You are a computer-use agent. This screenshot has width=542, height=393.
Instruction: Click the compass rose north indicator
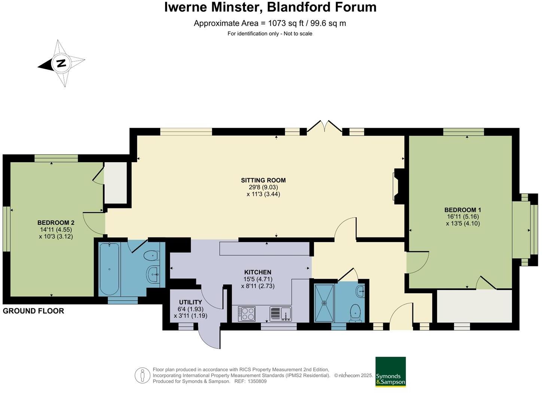pyautogui.click(x=61, y=63)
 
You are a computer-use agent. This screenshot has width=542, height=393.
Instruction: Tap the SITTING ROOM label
pyautogui.click(x=263, y=181)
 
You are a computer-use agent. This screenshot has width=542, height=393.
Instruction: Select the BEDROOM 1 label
pyautogui.click(x=463, y=210)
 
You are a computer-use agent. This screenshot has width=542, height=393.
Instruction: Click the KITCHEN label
pyautogui.click(x=258, y=272)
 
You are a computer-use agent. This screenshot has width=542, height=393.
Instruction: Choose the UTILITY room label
pyautogui.click(x=190, y=302)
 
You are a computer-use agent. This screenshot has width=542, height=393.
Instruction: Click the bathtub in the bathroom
pyautogui.click(x=109, y=269)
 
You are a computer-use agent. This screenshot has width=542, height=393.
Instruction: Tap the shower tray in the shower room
pyautogui.click(x=324, y=303)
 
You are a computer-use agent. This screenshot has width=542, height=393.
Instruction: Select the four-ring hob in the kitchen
pyautogui.click(x=247, y=314)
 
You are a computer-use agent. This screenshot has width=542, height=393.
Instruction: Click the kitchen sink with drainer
pyautogui.click(x=280, y=314)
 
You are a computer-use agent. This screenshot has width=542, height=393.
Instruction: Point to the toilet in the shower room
pyautogui.click(x=355, y=312)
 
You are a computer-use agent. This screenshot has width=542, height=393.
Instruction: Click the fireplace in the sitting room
pyautogui.click(x=398, y=186)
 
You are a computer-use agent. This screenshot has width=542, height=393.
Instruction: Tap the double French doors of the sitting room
pyautogui.click(x=324, y=127)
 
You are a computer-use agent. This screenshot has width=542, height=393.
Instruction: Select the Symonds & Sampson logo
pyautogui.click(x=390, y=372)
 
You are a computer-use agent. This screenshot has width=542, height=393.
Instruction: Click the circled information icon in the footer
pyautogui.click(x=142, y=375)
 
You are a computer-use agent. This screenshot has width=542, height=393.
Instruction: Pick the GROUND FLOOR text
pyautogui.click(x=33, y=311)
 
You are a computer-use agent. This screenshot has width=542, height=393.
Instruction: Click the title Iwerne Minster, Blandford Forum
pyautogui.click(x=270, y=7)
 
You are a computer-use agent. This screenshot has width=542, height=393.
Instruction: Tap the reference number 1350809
pyautogui.click(x=256, y=381)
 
